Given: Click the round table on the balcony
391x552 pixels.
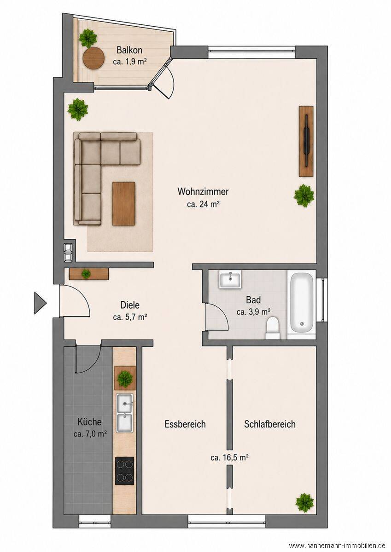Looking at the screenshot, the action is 93,58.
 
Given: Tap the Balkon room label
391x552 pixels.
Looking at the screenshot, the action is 129,50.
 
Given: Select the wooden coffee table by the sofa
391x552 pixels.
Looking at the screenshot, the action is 123,203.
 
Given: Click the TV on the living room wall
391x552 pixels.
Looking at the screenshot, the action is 306,141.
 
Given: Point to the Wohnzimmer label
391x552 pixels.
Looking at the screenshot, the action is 203,191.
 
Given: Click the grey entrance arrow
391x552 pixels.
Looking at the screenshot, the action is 40,303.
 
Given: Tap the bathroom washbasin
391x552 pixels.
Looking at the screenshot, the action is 230,279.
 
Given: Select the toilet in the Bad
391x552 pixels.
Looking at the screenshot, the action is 273,328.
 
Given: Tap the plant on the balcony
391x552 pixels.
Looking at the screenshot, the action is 88,38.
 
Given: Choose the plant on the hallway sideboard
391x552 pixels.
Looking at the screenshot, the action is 86,274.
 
